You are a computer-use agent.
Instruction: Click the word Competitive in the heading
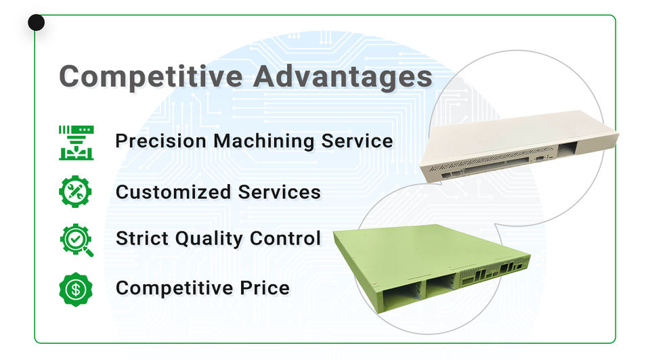(151, 77)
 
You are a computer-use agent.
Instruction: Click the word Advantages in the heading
(343, 76)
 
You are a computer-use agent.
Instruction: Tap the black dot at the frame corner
(36, 23)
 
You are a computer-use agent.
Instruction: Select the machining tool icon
(77, 143)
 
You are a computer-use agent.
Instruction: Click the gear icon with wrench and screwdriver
(75, 192)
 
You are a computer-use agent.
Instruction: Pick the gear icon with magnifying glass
(77, 240)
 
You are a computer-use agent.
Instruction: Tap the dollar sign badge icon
(76, 289)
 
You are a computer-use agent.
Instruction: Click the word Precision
(161, 141)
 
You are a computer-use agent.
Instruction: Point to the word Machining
(263, 141)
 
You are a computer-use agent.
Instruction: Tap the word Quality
(209, 239)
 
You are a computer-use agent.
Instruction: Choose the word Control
(285, 238)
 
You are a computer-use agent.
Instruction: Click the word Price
(265, 288)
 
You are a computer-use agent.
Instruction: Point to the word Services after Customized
(280, 192)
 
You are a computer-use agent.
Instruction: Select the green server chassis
(431, 267)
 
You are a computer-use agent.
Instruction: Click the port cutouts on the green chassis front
(494, 273)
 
